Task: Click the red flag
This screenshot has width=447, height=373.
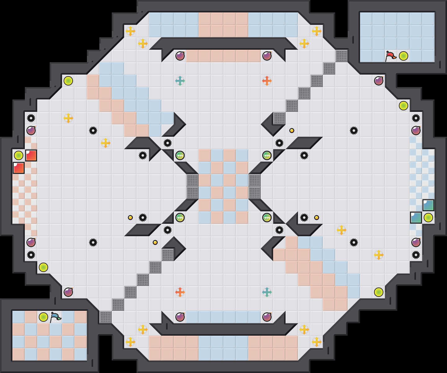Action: pyautogui.click(x=391, y=56)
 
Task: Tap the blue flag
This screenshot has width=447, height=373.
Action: pyautogui.click(x=55, y=317)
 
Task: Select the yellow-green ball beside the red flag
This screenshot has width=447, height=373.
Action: pyautogui.click(x=404, y=56)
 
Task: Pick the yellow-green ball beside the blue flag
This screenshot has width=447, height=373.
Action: pyautogui.click(x=43, y=317)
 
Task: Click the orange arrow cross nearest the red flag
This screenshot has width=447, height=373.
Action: pyautogui.click(x=267, y=81)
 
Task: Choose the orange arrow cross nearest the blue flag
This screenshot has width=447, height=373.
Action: pyautogui.click(x=180, y=292)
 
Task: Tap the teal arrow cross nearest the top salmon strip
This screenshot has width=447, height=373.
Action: pyautogui.click(x=180, y=81)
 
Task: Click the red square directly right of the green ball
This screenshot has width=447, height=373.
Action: pyautogui.click(x=31, y=155)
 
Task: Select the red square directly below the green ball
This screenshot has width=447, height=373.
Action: pyautogui.click(x=19, y=168)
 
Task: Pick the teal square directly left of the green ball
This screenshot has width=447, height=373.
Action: pyautogui.click(x=416, y=218)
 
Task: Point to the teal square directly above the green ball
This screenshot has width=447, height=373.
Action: pyautogui.click(x=428, y=205)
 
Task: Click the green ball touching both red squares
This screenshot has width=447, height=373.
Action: pyautogui.click(x=19, y=155)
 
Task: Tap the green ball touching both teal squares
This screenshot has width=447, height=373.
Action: pyautogui.click(x=428, y=218)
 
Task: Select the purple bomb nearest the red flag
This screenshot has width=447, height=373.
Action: pyautogui.click(x=379, y=81)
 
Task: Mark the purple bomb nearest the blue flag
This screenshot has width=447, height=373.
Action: pyautogui.click(x=68, y=292)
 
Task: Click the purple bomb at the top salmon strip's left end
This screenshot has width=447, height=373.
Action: pyautogui.click(x=180, y=56)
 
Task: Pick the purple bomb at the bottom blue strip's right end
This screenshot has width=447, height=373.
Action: pyautogui.click(x=267, y=317)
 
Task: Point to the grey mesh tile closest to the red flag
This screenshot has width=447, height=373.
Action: pyautogui.click(x=341, y=56)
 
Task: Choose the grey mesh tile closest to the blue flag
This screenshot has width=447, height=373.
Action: pyautogui.click(x=106, y=317)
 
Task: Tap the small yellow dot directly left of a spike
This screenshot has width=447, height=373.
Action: pyautogui.click(x=130, y=218)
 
